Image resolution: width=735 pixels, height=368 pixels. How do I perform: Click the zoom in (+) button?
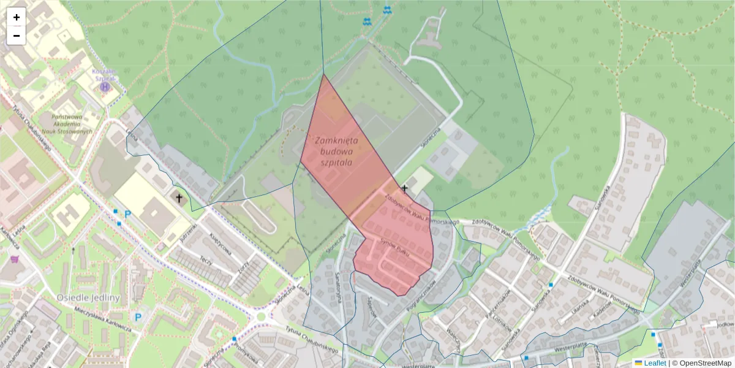coord(17,17)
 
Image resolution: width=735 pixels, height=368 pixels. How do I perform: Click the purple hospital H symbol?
coord(105,86)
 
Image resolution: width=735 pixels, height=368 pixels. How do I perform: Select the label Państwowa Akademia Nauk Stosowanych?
coord(72,124)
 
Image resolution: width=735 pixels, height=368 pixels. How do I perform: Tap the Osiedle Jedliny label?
coord(88,297)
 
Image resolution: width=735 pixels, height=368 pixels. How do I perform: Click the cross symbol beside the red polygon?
coord(404,188)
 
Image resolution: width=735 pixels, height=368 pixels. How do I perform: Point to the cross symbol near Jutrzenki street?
coord(179,198)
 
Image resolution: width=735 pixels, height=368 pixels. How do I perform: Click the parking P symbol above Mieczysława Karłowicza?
coord(138,317)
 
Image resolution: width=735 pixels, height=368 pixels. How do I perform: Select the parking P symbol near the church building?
coord(128,215)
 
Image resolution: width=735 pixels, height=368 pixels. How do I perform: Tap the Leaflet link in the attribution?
coord(655,363)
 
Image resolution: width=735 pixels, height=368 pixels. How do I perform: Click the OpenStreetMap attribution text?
coord(704,363)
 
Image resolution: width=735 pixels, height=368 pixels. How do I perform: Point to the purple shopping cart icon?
coord(15,260)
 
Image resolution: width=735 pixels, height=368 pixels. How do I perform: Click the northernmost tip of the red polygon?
coord(323,75)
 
